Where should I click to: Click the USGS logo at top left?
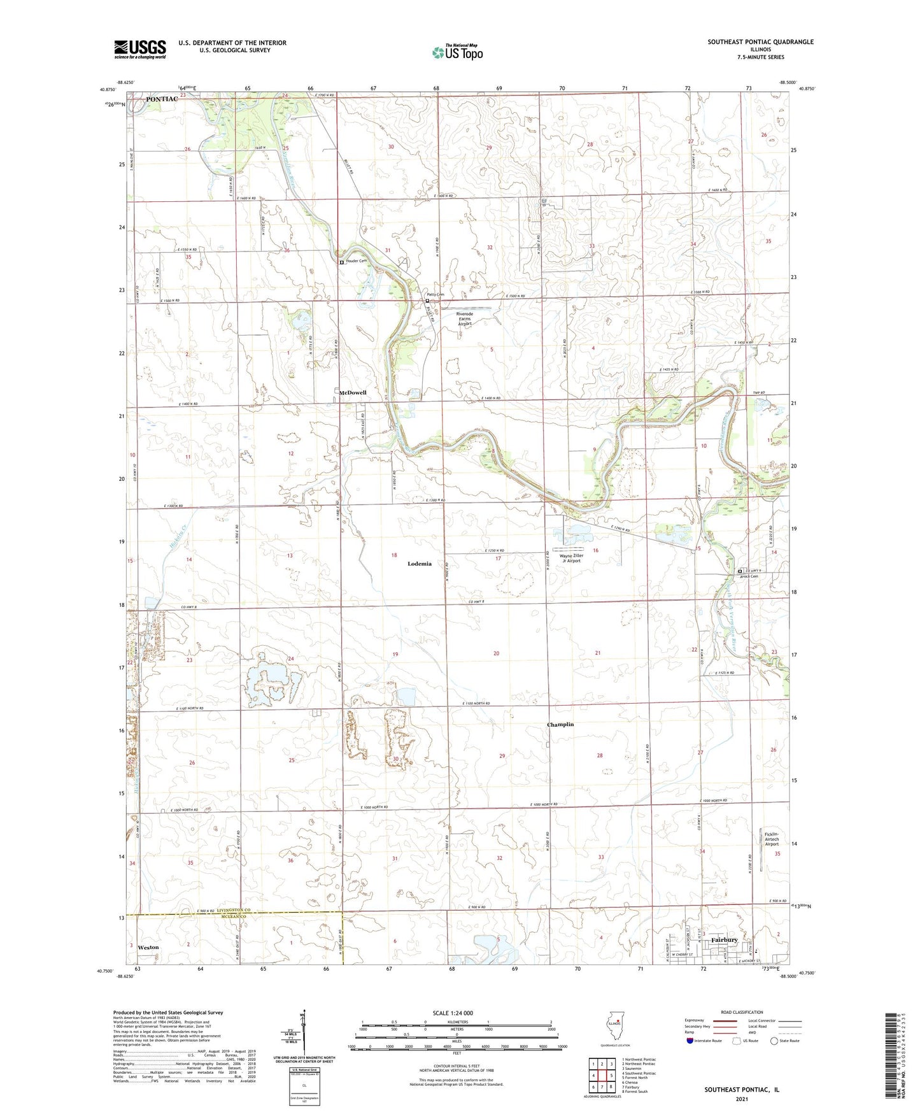click(x=139, y=49)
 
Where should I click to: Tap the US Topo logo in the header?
click(x=457, y=52)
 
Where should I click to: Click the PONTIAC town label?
click(x=162, y=99)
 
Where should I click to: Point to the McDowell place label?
click(x=353, y=393)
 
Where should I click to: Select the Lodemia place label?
click(x=420, y=564)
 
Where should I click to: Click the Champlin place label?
click(x=560, y=724)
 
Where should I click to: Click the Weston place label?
click(x=148, y=947)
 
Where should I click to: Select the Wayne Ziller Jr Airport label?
click(x=570, y=558)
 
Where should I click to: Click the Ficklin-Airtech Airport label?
click(x=772, y=839)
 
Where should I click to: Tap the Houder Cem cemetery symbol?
click(x=342, y=262)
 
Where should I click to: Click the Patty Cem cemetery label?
click(x=435, y=295)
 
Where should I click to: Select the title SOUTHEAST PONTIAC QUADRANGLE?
click(x=760, y=42)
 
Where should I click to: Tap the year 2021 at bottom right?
click(x=742, y=1099)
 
